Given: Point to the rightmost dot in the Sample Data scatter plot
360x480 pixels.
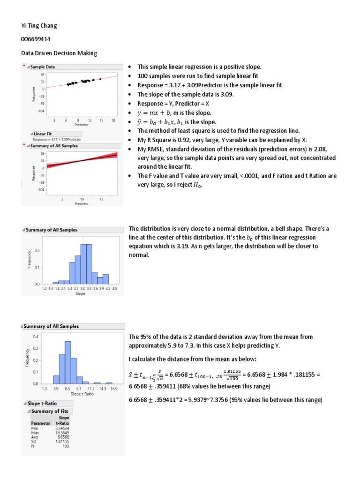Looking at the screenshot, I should (100, 79).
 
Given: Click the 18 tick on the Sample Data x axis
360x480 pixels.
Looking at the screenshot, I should (113, 120).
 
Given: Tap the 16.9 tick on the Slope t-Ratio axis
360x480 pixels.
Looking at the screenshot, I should (114, 389).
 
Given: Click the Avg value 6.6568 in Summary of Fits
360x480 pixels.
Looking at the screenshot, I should (63, 436).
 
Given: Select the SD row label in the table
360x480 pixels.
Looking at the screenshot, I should (34, 441).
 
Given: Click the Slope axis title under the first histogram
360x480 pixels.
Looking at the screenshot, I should (80, 294).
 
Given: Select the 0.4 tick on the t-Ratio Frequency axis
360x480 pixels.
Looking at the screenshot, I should (37, 337).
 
